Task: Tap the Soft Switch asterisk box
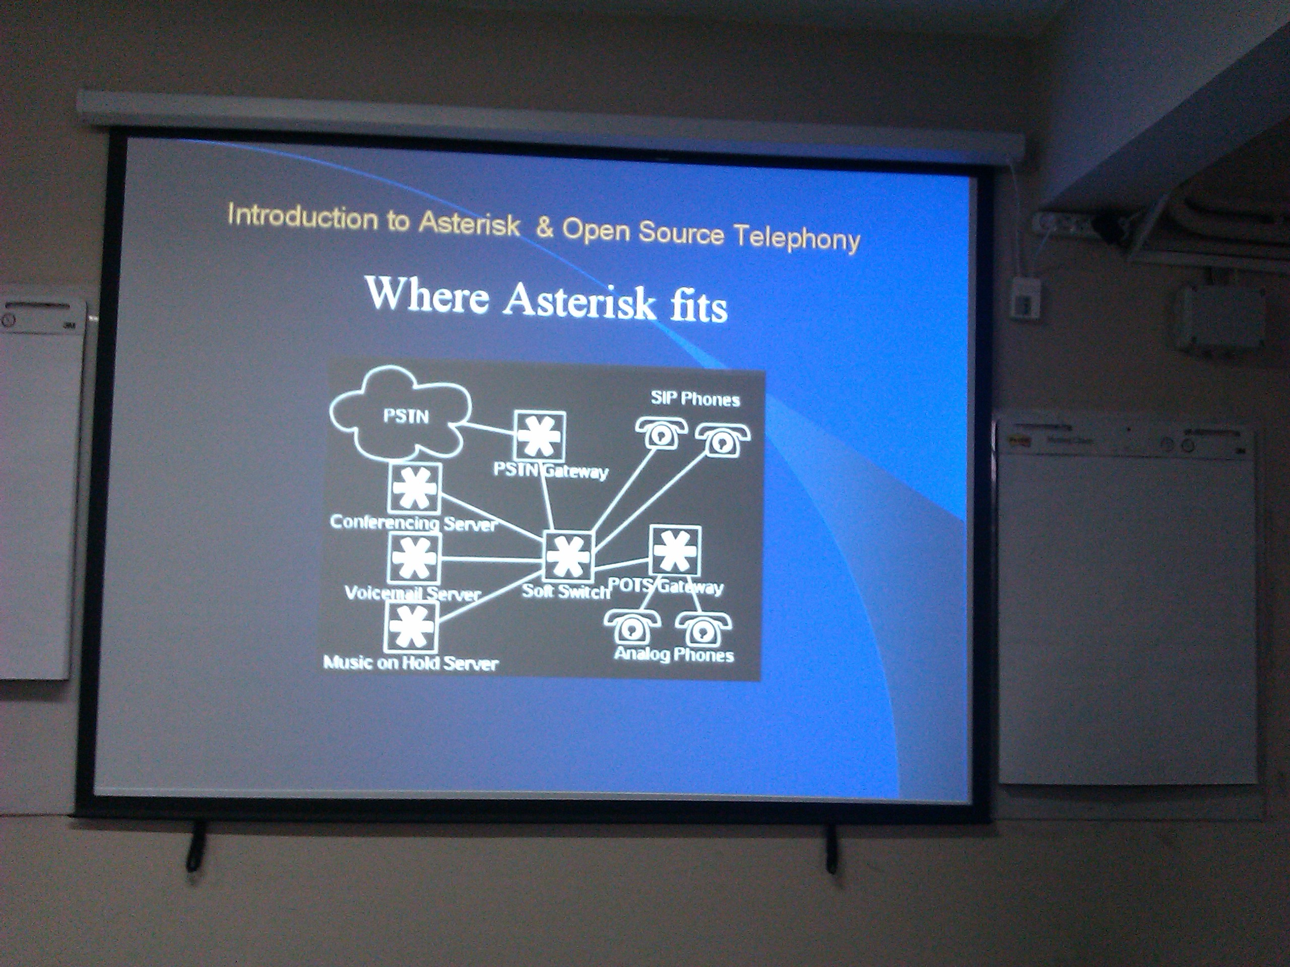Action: pos(568,556)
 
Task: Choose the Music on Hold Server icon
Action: pos(412,627)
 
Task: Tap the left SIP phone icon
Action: pos(658,432)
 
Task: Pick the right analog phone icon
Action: pos(703,629)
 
